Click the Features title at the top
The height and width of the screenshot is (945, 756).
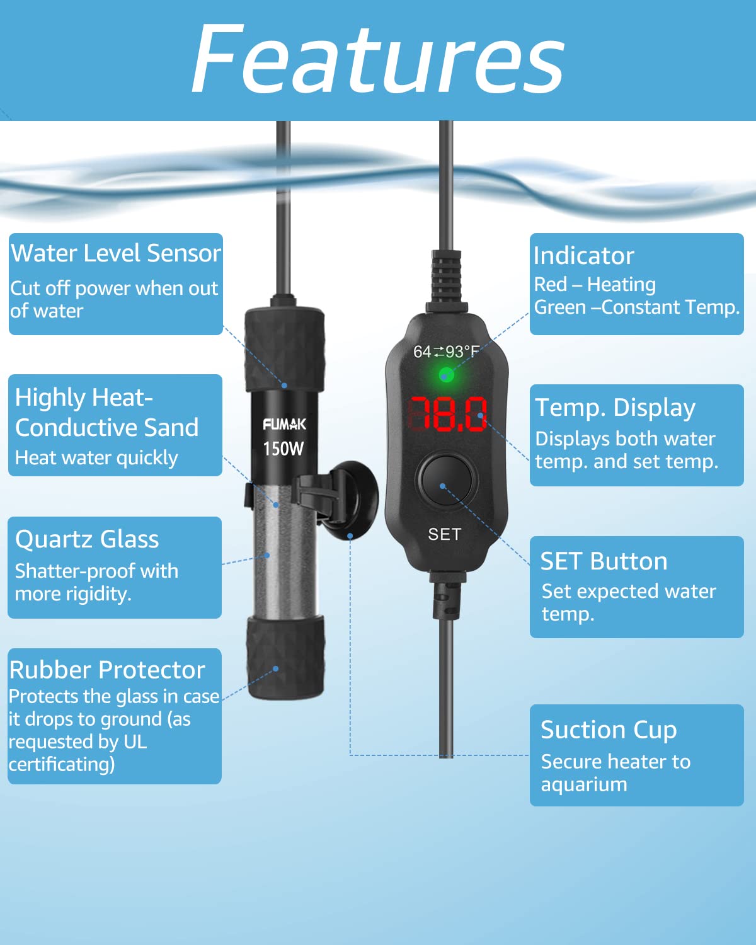tap(378, 59)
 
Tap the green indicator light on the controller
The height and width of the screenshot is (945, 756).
tap(446, 375)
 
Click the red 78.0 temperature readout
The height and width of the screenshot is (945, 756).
tap(448, 414)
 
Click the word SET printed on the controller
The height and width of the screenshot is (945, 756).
tap(445, 534)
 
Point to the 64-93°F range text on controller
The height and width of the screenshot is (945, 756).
tap(446, 352)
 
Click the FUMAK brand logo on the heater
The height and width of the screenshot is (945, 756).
tap(284, 424)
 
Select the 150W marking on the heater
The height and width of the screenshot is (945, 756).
tap(283, 449)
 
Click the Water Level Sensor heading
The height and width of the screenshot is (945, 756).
tap(116, 253)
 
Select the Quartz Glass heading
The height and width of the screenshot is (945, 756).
tap(87, 540)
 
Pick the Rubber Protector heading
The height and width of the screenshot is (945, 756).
tap(107, 670)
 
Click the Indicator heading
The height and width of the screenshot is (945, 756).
tap(584, 256)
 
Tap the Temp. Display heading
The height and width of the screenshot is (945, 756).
tap(615, 408)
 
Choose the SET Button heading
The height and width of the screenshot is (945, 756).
tap(604, 561)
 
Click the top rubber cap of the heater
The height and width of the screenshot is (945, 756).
tap(285, 350)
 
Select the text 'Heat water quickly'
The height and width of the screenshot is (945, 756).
tap(96, 459)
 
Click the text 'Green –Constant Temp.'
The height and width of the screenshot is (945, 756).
tap(636, 307)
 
